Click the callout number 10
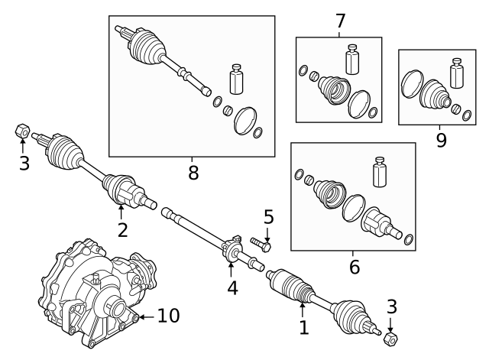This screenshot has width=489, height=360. point(170,315)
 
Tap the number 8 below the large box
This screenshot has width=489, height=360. point(193,173)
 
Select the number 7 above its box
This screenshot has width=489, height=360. point(341,21)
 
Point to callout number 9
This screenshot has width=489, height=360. point(441,140)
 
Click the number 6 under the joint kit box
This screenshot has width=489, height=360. point(353,268)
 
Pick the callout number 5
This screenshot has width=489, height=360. point(268,217)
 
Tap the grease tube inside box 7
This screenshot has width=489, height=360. point(352,60)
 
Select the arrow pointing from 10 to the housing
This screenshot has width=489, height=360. point(145,315)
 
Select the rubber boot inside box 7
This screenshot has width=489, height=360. point(331,89)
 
